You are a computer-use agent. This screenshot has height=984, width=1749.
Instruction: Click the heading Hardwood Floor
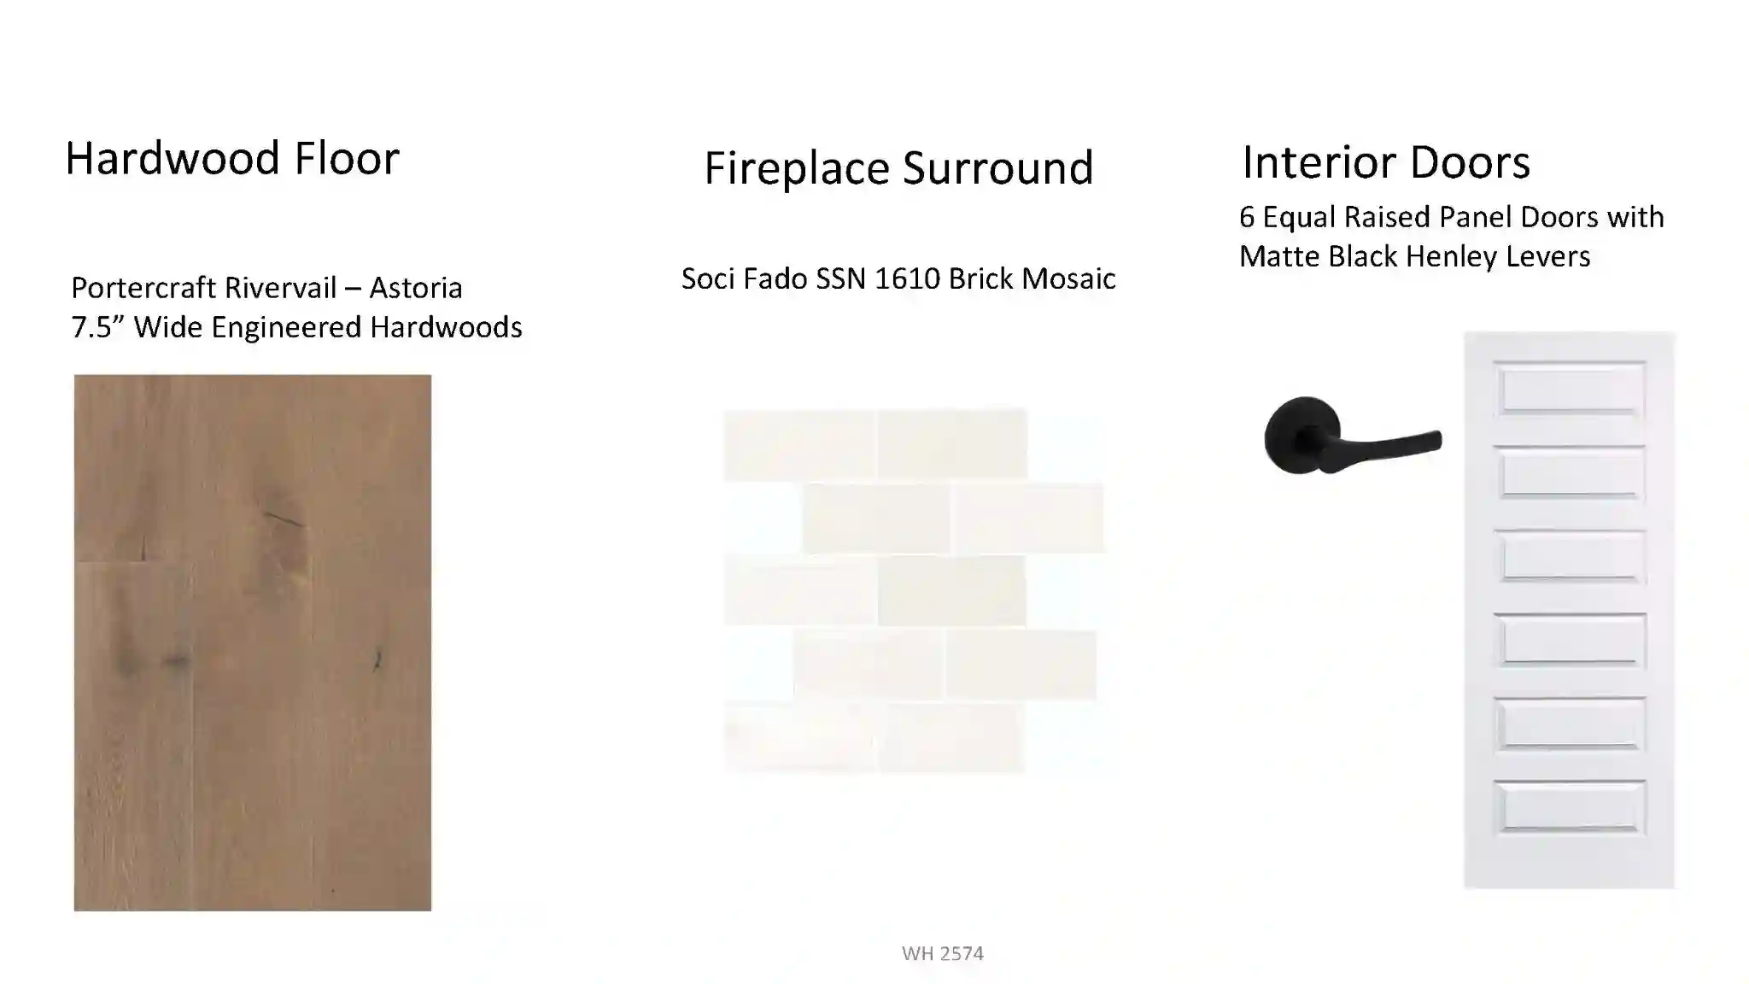tap(232, 158)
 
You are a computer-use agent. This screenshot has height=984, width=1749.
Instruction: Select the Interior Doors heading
tap(1385, 162)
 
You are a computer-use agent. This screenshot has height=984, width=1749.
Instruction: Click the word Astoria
tap(416, 288)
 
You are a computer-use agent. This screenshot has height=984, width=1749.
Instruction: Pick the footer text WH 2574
tap(943, 953)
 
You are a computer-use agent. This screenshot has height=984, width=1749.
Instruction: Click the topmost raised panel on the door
tap(1570, 389)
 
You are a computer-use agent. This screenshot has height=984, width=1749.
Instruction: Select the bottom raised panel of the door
tap(1570, 807)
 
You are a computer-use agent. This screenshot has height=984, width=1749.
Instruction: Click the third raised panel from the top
tap(1570, 556)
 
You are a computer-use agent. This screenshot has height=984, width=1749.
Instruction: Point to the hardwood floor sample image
tap(253, 642)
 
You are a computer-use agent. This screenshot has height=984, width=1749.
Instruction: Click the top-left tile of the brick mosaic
tap(800, 444)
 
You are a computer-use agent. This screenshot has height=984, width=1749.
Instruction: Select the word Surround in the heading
tap(998, 168)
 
